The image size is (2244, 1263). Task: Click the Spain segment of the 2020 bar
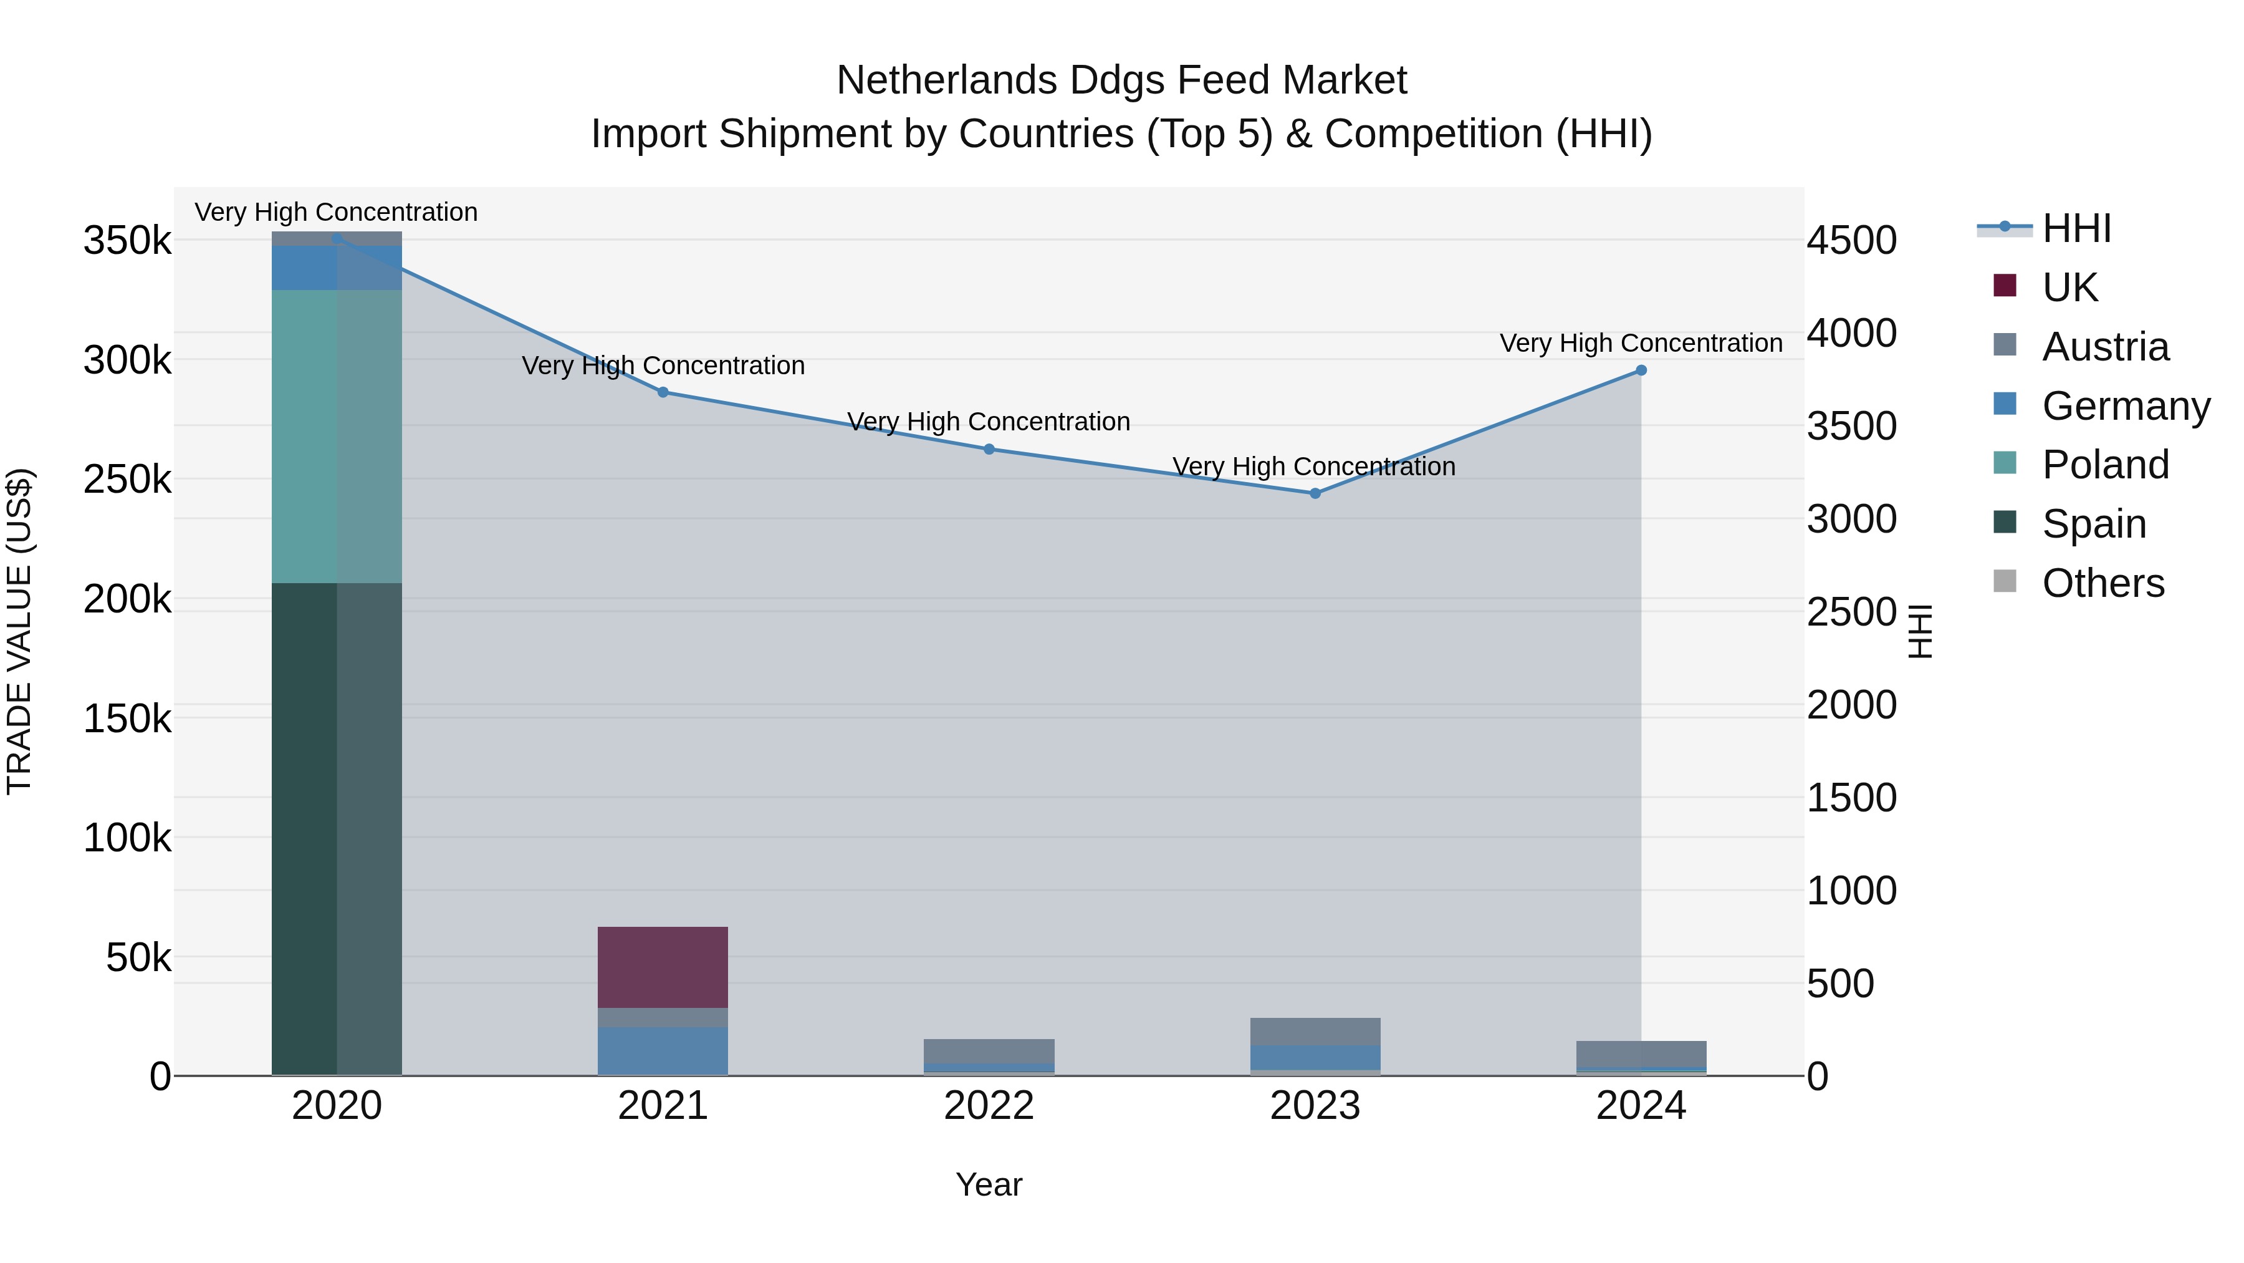click(x=336, y=828)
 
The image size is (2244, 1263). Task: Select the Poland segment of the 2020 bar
click(x=336, y=436)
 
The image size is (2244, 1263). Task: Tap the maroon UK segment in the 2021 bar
click(x=662, y=967)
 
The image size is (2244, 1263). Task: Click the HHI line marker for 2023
click(x=1315, y=493)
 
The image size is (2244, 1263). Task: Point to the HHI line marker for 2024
click(x=1641, y=370)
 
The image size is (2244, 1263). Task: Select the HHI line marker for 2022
click(x=989, y=450)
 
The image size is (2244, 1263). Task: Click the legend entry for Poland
click(x=2104, y=465)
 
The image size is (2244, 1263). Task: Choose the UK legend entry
click(x=2069, y=288)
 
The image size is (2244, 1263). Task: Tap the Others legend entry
click(x=2102, y=583)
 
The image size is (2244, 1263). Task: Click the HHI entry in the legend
click(x=2076, y=228)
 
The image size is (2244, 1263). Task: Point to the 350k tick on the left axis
click(x=127, y=241)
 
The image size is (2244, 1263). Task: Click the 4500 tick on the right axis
click(x=1851, y=241)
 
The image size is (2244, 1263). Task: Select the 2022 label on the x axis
click(x=989, y=1106)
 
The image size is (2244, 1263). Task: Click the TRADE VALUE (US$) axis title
click(x=19, y=631)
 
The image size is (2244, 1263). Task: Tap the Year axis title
click(x=989, y=1184)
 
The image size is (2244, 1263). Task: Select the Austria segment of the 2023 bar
click(x=1315, y=1031)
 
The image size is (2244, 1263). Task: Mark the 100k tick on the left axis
click(x=127, y=838)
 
